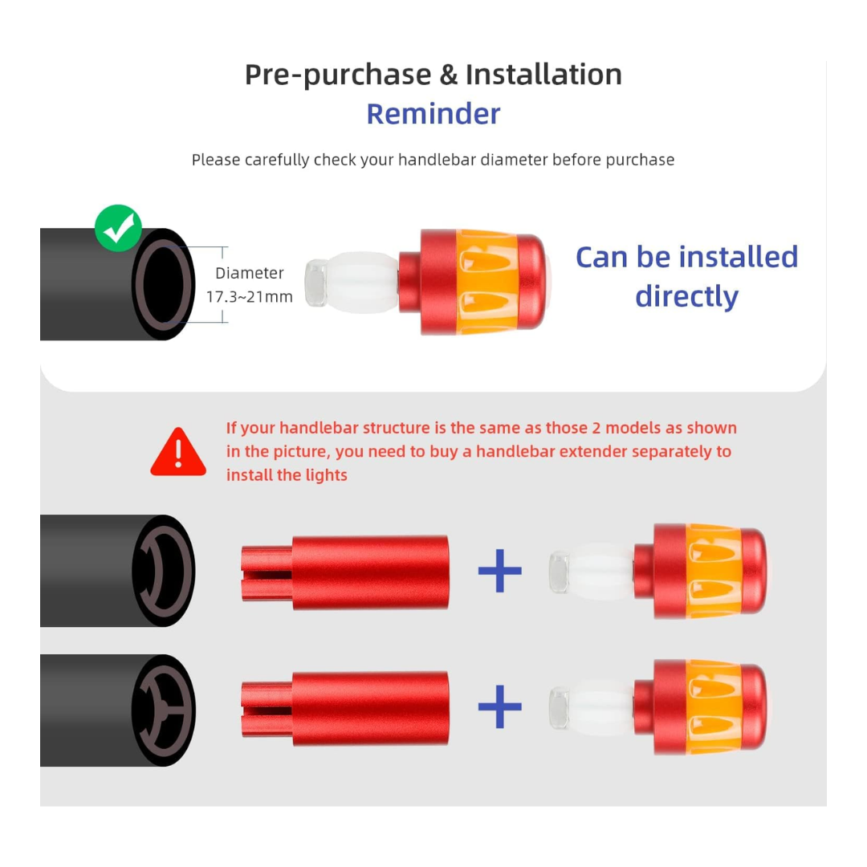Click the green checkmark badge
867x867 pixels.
[118, 227]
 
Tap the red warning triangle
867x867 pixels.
[178, 452]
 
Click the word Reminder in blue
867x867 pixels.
[433, 114]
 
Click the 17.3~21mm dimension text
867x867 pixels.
[250, 297]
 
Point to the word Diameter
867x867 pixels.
[250, 273]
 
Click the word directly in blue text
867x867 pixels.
[686, 297]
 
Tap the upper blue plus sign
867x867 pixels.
[500, 571]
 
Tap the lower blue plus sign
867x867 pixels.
[500, 706]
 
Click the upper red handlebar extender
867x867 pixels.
[345, 572]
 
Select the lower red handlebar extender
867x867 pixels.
[345, 708]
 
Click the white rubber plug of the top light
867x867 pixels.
[362, 283]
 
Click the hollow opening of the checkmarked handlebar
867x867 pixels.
[163, 283]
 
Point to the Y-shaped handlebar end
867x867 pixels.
[164, 710]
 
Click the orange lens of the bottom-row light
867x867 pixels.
[714, 706]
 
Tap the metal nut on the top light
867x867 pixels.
[315, 283]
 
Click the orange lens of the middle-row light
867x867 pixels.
[714, 571]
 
